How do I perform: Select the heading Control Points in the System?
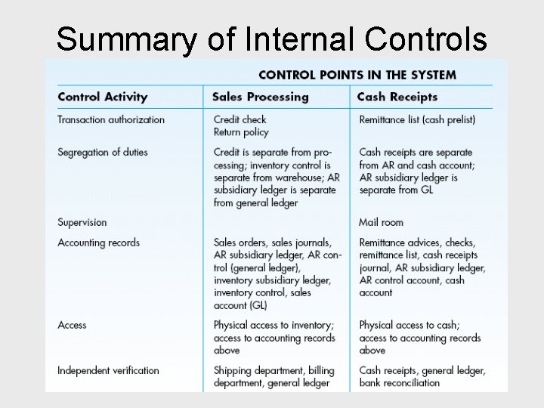pyautogui.click(x=357, y=75)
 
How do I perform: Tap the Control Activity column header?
pyautogui.click(x=102, y=97)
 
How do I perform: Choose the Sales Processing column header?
pyautogui.click(x=260, y=97)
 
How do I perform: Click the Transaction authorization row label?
pyautogui.click(x=111, y=119)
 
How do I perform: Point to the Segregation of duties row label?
pyautogui.click(x=103, y=152)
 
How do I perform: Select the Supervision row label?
pyautogui.click(x=82, y=222)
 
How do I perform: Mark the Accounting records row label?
pyautogui.click(x=98, y=243)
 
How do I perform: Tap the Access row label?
pyautogui.click(x=72, y=325)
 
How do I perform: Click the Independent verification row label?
pyautogui.click(x=108, y=370)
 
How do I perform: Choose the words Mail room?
pyautogui.click(x=381, y=222)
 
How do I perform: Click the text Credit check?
pyautogui.click(x=240, y=119)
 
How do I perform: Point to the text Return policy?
pyautogui.click(x=241, y=132)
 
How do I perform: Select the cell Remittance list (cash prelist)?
pyautogui.click(x=417, y=119)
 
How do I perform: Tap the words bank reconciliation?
pyautogui.click(x=399, y=382)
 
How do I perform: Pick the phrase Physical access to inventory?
pyautogui.click(x=272, y=325)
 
